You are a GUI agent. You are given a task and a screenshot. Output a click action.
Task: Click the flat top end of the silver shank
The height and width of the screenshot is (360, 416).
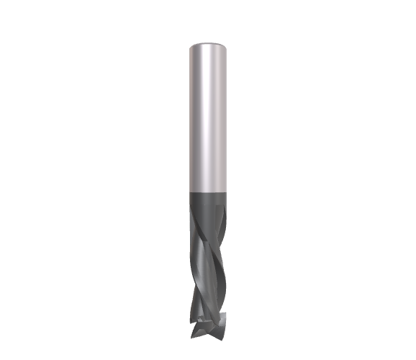pyautogui.click(x=208, y=45)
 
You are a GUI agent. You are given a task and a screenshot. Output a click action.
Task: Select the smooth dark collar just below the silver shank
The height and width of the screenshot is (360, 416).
pyautogui.click(x=208, y=202)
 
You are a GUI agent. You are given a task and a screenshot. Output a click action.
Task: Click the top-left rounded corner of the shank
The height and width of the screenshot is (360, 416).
pyautogui.click(x=190, y=46)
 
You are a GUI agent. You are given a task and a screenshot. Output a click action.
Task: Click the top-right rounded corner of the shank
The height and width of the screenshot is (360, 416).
pyautogui.click(x=226, y=46)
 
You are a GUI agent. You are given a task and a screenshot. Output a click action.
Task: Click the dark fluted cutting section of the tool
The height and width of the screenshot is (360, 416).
pyautogui.click(x=208, y=266)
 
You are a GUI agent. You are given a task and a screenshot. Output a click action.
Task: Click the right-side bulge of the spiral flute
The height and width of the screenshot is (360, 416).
pyautogui.click(x=227, y=288)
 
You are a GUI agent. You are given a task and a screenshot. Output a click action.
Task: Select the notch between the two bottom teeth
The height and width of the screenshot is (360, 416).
pyautogui.click(x=211, y=328)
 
